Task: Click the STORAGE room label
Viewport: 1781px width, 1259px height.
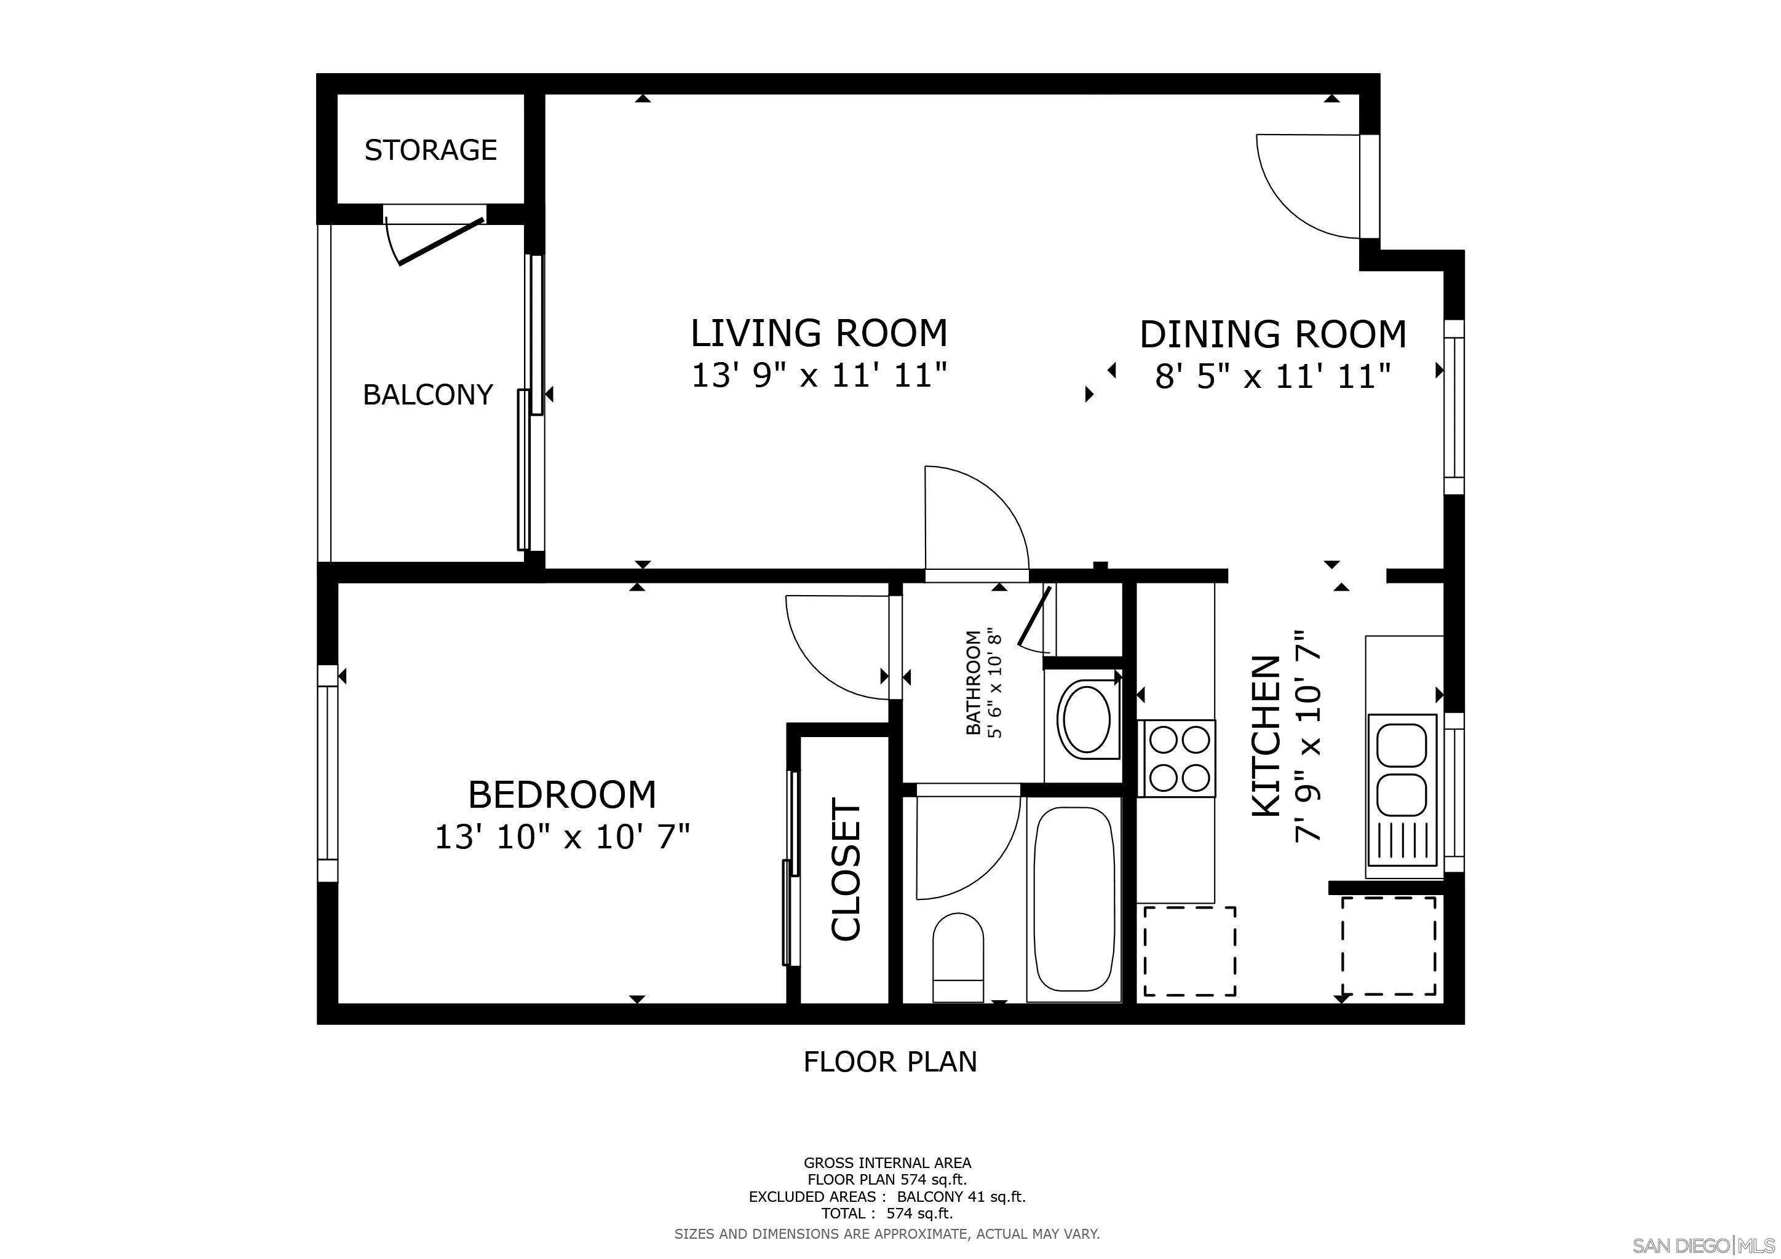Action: click(430, 149)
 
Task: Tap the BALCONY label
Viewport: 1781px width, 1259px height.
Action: click(428, 395)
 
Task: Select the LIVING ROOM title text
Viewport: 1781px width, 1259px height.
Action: click(819, 333)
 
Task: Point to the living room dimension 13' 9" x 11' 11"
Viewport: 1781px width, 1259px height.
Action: click(819, 377)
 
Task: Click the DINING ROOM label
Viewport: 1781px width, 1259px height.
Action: click(1273, 334)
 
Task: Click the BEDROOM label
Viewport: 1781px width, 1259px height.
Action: click(562, 795)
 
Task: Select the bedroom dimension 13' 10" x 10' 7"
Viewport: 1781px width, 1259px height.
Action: click(562, 837)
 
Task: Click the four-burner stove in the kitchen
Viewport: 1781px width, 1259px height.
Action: click(1176, 758)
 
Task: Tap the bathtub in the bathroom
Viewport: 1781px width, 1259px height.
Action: click(1074, 899)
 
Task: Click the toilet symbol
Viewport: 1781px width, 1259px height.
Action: click(958, 957)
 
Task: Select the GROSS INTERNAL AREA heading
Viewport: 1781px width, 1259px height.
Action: click(887, 1163)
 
